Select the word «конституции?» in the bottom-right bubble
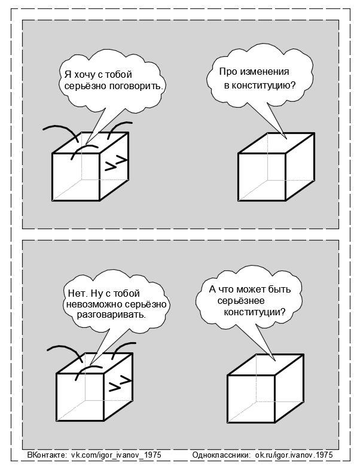tap(254, 312)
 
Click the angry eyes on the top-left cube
tap(115, 162)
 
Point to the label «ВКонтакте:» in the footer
tap(47, 455)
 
